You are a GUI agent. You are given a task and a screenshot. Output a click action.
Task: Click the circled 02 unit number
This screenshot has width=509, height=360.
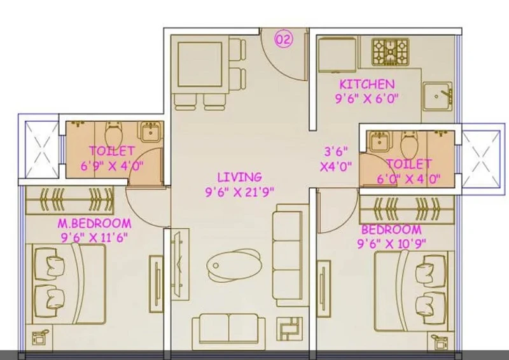284,39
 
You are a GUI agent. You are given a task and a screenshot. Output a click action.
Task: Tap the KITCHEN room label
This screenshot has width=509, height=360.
367,85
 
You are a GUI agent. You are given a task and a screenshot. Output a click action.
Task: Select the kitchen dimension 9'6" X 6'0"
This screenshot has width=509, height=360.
367,98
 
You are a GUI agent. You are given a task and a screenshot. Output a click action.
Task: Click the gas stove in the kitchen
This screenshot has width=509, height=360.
390,52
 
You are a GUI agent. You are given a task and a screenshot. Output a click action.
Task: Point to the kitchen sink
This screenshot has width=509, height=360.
437,97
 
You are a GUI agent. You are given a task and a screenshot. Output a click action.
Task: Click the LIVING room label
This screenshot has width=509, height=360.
240,177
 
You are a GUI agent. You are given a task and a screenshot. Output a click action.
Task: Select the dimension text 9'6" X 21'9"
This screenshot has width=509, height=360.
240,192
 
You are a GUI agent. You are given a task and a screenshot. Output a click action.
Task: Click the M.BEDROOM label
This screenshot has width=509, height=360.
94,223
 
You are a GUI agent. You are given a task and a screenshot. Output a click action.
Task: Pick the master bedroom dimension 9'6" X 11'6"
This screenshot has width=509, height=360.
94,238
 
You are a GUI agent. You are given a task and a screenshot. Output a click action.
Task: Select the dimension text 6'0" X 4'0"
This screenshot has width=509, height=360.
408,179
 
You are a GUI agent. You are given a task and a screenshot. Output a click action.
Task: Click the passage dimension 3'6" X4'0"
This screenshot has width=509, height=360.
336,159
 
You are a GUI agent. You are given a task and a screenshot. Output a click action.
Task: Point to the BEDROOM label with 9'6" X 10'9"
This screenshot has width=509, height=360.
391,230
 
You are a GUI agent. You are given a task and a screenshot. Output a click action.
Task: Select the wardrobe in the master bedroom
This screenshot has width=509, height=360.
70,200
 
